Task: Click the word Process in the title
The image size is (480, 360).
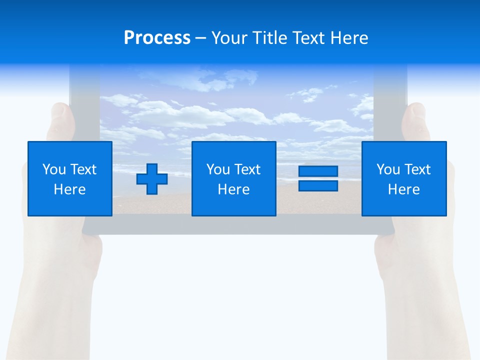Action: point(157,38)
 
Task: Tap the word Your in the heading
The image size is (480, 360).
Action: point(230,38)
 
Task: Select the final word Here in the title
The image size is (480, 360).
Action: point(349,38)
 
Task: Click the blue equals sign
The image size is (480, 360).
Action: point(318,178)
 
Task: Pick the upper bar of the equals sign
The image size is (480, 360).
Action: point(318,171)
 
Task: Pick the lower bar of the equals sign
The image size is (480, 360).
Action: point(318,185)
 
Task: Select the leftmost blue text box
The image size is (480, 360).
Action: point(70,178)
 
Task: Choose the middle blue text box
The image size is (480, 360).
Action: point(233,178)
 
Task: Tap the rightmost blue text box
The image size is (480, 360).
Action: point(404,178)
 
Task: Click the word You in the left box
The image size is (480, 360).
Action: point(53,169)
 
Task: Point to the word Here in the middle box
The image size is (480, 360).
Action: point(233,189)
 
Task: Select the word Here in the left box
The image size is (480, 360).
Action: point(70,189)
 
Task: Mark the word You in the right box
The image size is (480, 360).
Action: point(388,169)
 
